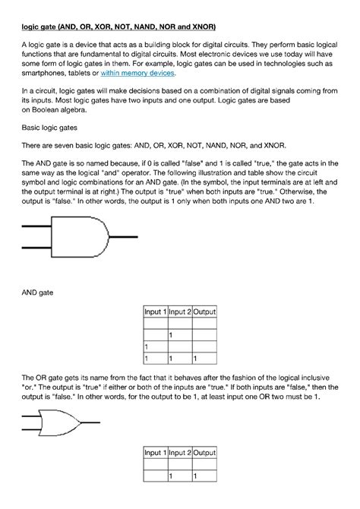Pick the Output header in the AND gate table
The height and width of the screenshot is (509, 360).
point(204,312)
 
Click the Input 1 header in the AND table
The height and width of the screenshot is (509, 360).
point(156,312)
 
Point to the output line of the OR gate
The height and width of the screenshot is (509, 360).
point(90,422)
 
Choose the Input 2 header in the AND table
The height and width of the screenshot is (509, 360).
point(180,312)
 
